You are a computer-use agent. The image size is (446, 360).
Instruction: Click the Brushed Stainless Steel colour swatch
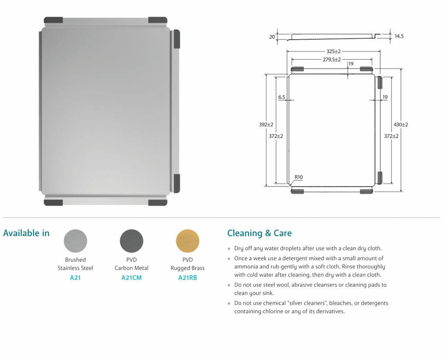pos(75,241)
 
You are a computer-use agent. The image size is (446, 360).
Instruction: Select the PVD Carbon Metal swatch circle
pos(132,241)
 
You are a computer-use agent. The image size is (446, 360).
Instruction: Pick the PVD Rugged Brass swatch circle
pos(188,241)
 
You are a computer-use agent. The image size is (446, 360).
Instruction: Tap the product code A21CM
pos(132,278)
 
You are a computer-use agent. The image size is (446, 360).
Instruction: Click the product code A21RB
pos(188,278)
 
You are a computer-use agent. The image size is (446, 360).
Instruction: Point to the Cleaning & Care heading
pos(259,233)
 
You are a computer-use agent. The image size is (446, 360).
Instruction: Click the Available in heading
pos(26,233)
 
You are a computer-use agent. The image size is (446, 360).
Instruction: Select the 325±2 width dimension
pos(334,51)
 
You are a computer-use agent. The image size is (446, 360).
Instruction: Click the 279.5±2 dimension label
pos(332,60)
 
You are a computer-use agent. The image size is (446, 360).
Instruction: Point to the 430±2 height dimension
pos(401,125)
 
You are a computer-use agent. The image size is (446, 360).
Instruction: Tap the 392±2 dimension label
pos(266,125)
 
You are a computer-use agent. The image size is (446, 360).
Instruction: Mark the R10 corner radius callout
pos(298,177)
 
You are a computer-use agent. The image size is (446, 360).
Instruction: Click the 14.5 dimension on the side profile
pos(399,36)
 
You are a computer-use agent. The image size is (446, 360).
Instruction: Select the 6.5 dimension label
pos(281,97)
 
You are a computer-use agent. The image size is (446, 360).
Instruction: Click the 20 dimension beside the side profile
pos(272,37)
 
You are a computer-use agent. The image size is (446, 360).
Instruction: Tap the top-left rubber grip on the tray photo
pos(53,20)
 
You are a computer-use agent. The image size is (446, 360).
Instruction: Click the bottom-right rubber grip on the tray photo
pos(158,203)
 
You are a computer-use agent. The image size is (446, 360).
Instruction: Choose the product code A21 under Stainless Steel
pos(75,278)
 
